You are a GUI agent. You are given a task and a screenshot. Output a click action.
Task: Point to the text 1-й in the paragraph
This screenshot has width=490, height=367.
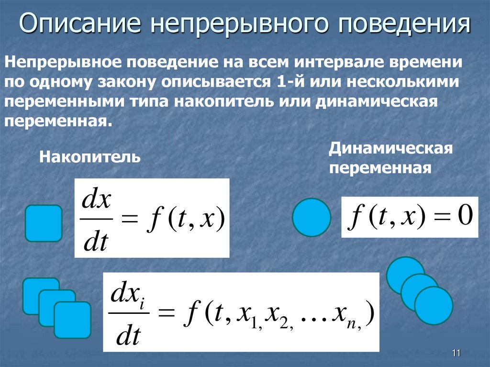pos(290,81)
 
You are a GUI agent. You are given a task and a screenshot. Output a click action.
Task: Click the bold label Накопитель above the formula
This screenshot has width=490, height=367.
pos(89,156)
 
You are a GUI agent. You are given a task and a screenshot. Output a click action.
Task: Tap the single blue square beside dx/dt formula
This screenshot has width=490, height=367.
pos(44,223)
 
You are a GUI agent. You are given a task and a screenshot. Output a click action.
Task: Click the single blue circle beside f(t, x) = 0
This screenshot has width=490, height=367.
pos(312,217)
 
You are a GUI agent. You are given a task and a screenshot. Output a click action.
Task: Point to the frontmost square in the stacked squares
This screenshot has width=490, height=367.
pos(72,320)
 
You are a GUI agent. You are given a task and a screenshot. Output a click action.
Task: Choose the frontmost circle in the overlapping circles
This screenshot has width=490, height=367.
pos(433,305)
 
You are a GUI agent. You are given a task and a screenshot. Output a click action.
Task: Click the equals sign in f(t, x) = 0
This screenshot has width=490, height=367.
pos(439,218)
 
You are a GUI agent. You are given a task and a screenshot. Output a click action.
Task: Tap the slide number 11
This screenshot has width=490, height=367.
pos(456,353)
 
